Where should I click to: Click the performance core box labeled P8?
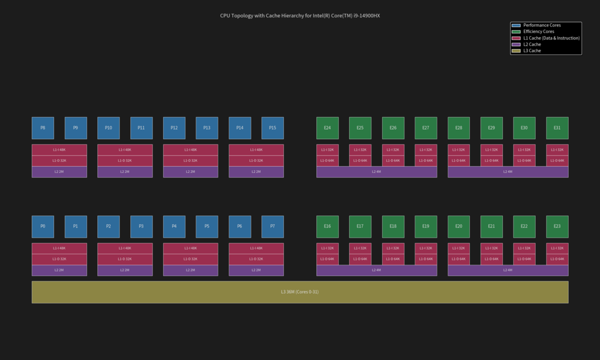tap(43, 128)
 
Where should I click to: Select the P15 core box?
tap(272, 128)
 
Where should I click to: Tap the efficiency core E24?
tap(327, 128)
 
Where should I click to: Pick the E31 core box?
tap(557, 128)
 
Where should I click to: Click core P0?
tap(43, 226)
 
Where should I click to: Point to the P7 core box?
tap(272, 226)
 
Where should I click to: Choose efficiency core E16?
tap(327, 226)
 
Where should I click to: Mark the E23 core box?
tap(557, 226)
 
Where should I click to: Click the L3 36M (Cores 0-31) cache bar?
tap(299, 292)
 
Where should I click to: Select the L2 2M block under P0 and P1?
tap(59, 270)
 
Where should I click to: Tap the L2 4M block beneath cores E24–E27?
tap(376, 172)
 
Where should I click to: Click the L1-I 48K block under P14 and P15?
tap(256, 149)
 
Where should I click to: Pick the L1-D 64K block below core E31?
tap(557, 160)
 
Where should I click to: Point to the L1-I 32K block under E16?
tap(327, 248)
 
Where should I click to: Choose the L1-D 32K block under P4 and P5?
tap(190, 259)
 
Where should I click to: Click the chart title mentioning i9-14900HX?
tap(299, 16)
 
